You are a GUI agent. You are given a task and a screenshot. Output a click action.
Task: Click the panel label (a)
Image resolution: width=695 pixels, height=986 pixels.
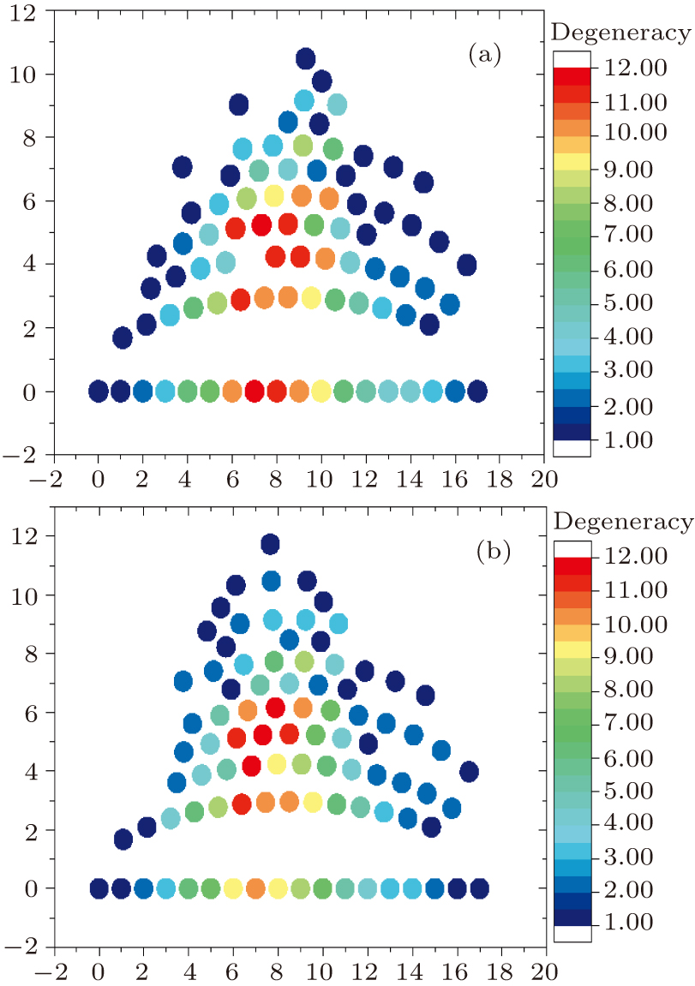tap(484, 57)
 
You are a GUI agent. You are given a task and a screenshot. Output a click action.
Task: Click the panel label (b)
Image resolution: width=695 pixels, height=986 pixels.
tap(493, 551)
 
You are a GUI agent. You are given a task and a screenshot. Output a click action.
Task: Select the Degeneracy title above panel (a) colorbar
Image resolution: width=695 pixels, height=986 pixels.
tap(621, 33)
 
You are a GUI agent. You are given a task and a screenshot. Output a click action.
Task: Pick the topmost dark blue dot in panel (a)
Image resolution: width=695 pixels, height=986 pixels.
tap(305, 58)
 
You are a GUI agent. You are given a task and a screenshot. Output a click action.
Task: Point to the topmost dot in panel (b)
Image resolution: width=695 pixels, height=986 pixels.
tap(271, 543)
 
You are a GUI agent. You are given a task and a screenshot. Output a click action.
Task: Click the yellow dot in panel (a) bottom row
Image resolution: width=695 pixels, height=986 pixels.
tap(321, 391)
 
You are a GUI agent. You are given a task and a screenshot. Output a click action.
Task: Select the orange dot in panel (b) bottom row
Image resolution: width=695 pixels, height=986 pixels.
tap(255, 888)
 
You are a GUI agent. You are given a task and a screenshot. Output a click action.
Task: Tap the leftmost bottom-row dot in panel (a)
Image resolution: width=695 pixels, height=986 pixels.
tap(99, 391)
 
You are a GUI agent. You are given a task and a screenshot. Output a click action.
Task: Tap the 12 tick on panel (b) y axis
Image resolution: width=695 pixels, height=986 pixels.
tap(31, 536)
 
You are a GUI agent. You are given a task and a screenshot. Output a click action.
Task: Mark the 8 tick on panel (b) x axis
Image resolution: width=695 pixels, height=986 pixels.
tap(278, 972)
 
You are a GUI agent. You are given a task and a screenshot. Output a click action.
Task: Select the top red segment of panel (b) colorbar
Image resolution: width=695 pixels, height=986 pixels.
tap(572, 565)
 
